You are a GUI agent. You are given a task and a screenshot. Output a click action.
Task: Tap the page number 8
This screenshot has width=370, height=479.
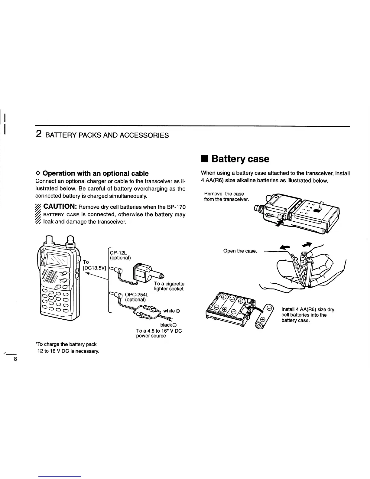coord(15,359)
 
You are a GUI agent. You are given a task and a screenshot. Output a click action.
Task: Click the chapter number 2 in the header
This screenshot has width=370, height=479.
coord(39,135)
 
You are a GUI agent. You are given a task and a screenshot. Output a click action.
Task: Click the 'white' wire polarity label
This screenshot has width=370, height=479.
coord(171,311)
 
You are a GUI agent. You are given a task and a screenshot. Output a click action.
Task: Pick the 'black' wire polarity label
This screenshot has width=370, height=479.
coord(173,325)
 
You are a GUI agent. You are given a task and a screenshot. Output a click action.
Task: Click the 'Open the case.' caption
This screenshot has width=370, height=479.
coord(240,251)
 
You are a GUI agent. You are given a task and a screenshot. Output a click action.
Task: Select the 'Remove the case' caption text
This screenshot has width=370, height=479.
coord(224,194)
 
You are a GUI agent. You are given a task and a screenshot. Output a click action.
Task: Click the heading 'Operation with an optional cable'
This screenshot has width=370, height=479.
coord(95,173)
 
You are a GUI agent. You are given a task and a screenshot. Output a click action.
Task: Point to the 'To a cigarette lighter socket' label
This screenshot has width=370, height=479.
coord(169,286)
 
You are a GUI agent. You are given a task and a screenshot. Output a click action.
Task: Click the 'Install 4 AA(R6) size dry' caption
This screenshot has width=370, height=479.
coord(308,309)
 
